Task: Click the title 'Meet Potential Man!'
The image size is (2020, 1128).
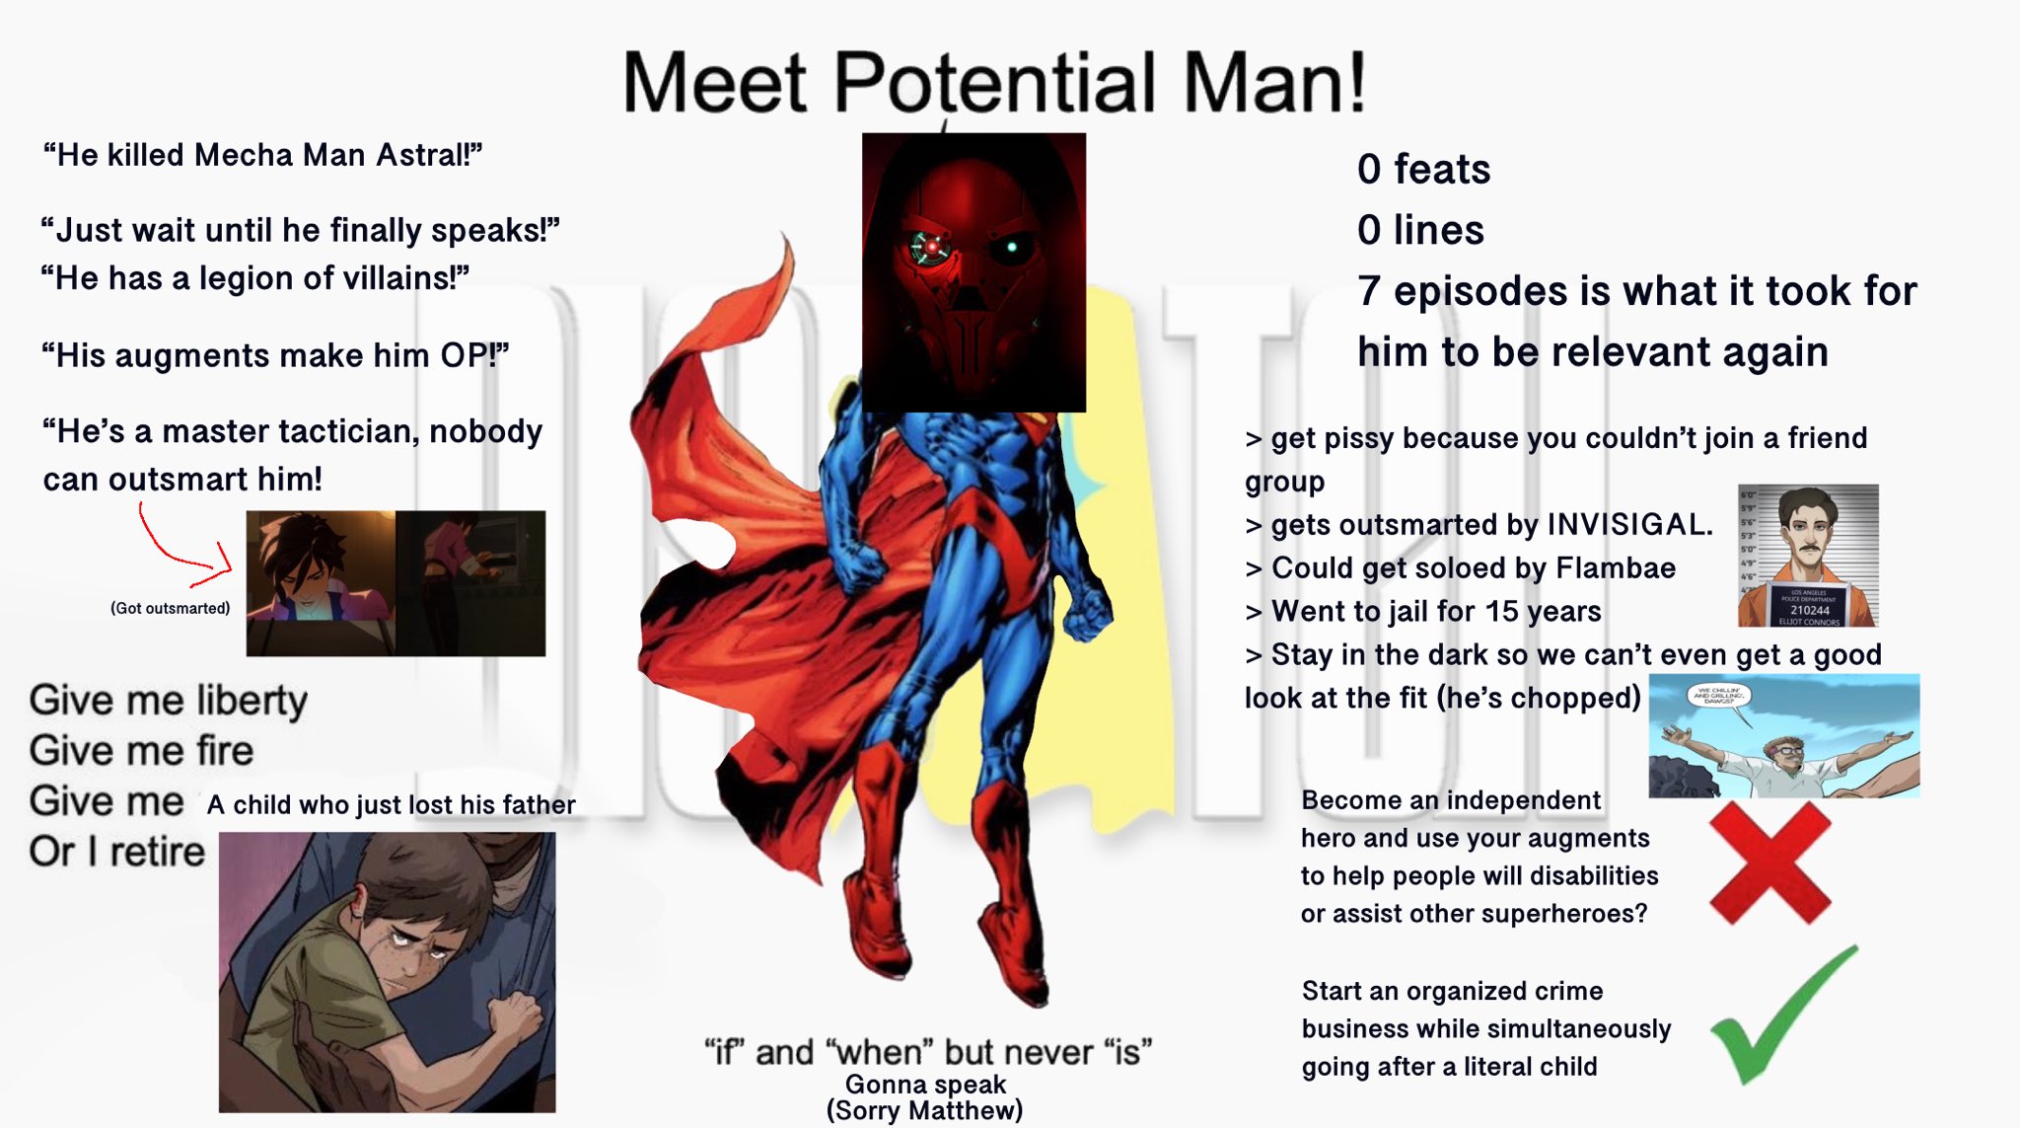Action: point(994,82)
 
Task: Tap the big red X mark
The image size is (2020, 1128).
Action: point(1769,863)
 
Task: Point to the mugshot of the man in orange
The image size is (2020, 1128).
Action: point(1808,556)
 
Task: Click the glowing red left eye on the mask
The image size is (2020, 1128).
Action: point(931,246)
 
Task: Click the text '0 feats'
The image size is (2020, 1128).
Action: point(1423,170)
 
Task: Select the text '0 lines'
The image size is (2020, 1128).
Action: point(1420,231)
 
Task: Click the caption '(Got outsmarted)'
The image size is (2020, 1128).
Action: point(171,608)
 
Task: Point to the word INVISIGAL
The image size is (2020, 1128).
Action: point(1629,524)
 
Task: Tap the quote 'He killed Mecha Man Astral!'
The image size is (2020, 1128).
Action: point(262,155)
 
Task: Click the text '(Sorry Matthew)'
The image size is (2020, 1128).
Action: point(924,1110)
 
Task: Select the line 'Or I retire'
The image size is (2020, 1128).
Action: point(116,852)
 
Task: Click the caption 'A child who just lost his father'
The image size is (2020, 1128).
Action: point(391,805)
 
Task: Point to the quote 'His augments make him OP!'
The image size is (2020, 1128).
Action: point(275,355)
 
